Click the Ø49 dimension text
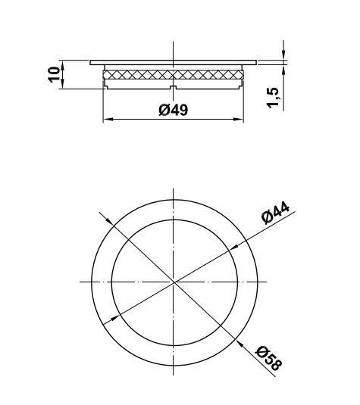(x=174, y=111)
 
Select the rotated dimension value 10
(x=54, y=75)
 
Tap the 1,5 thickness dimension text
(x=274, y=96)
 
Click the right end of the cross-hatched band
(x=243, y=74)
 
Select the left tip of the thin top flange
(x=91, y=62)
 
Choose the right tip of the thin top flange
(x=258, y=62)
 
